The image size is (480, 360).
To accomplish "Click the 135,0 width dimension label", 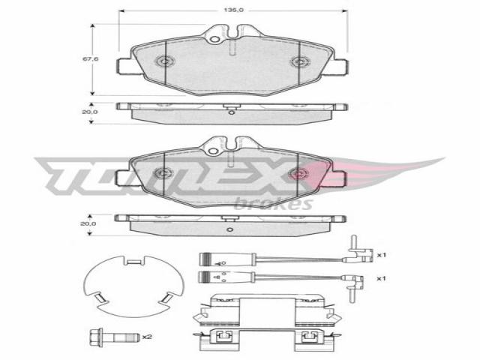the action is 233,10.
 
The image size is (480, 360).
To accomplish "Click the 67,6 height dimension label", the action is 90,58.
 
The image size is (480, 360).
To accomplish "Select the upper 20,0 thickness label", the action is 90,112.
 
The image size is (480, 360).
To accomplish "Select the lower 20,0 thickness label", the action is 88,223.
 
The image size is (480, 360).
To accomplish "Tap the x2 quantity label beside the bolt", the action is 147,337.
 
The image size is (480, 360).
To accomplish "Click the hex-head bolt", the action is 114,338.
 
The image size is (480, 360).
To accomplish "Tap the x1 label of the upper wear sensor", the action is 381,255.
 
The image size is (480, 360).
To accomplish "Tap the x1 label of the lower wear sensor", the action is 380,278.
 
